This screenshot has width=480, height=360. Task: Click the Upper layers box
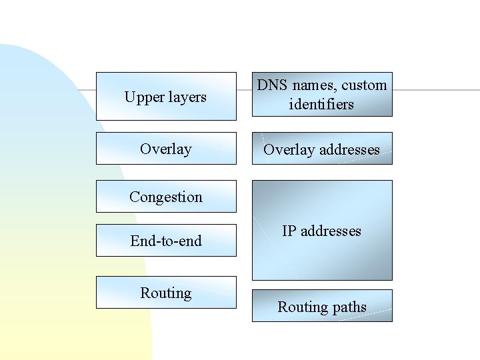(166, 96)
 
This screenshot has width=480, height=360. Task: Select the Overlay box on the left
(166, 148)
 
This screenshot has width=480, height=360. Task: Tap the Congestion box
(166, 196)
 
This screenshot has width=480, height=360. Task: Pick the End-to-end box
(166, 240)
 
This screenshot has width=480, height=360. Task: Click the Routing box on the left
(166, 292)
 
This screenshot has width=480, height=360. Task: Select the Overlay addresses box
(322, 148)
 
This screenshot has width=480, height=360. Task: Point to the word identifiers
(321, 104)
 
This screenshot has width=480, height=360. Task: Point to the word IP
(289, 231)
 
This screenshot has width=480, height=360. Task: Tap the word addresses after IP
(331, 231)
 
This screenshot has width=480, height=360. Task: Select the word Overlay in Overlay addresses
(286, 149)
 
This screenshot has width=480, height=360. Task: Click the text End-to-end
(166, 241)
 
